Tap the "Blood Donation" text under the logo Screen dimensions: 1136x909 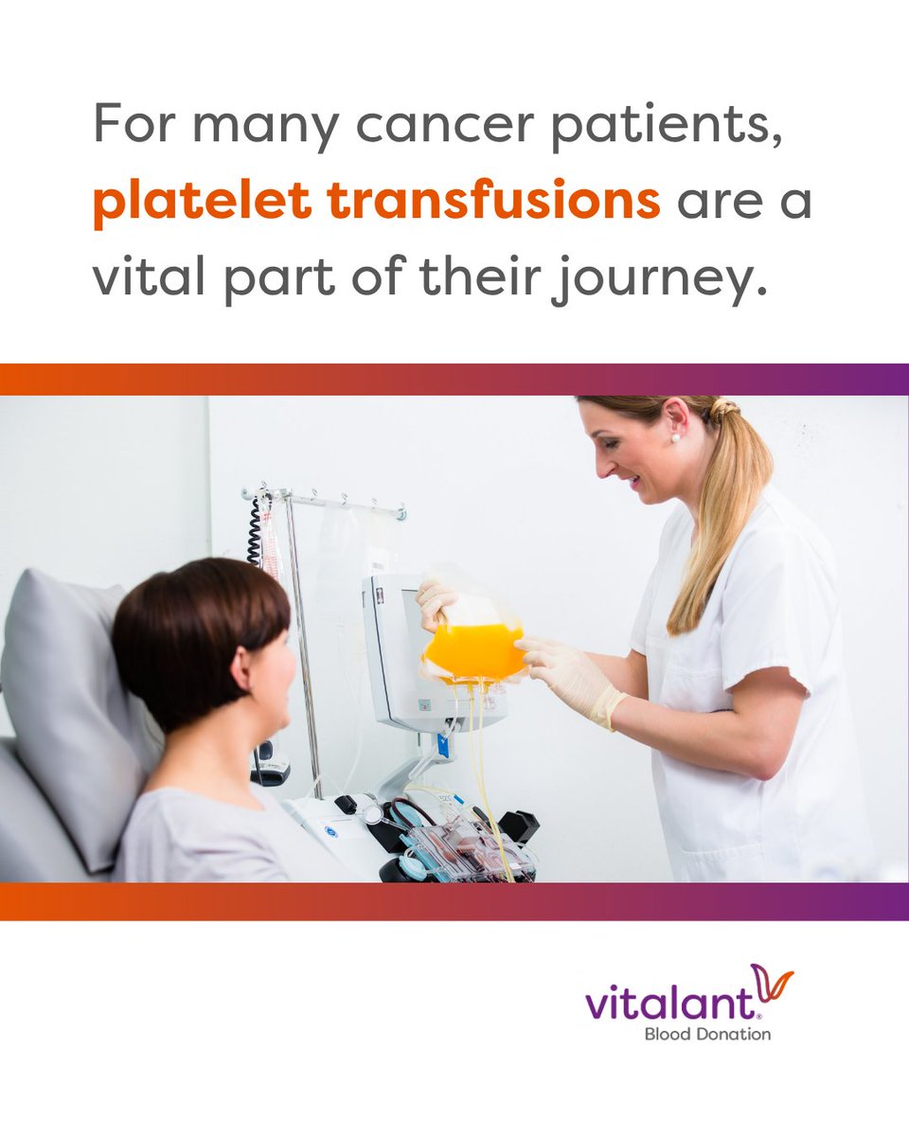706,1034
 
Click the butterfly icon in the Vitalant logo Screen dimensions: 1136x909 772,985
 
